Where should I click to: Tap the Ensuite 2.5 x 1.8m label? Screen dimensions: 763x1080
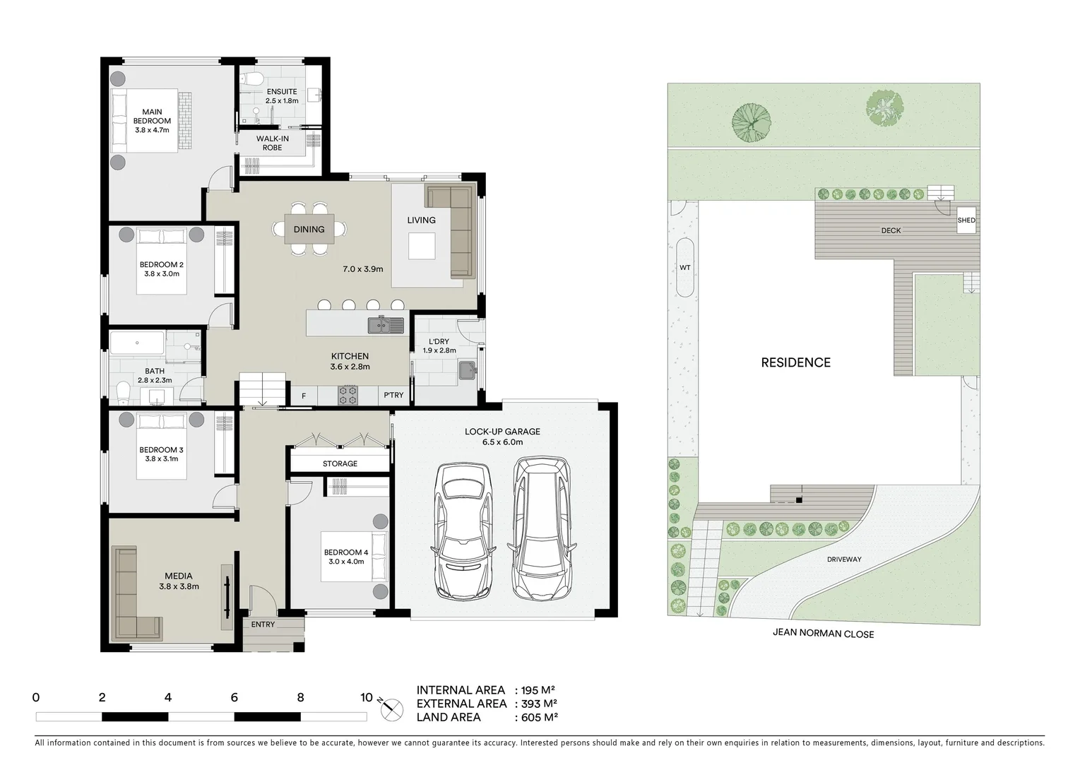pyautogui.click(x=281, y=96)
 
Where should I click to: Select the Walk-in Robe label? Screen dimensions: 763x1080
pyautogui.click(x=272, y=143)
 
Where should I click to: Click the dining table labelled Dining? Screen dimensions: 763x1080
pyautogui.click(x=309, y=229)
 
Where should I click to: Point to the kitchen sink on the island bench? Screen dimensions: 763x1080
pyautogui.click(x=385, y=326)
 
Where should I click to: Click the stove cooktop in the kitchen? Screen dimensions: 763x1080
pyautogui.click(x=348, y=395)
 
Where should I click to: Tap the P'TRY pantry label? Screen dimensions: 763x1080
pyautogui.click(x=393, y=395)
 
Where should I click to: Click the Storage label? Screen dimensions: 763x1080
pyautogui.click(x=340, y=463)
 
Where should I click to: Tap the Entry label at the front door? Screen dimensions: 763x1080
pyautogui.click(x=263, y=625)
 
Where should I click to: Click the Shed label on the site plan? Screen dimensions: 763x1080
pyautogui.click(x=966, y=220)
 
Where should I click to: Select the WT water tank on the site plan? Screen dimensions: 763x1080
pyautogui.click(x=684, y=268)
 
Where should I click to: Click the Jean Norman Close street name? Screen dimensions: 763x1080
pyautogui.click(x=823, y=634)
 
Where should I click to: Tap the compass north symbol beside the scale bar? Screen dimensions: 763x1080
pyautogui.click(x=391, y=707)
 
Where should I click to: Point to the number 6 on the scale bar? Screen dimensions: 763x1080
pyautogui.click(x=234, y=698)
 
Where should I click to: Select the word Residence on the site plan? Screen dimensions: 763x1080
pyautogui.click(x=795, y=362)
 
